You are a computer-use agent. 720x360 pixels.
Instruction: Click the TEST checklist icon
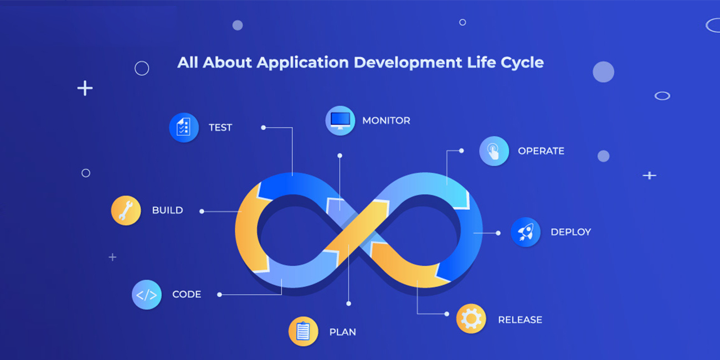(x=184, y=127)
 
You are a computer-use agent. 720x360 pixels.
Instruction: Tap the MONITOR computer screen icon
(x=340, y=121)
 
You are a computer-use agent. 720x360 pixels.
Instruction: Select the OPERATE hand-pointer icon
(x=494, y=151)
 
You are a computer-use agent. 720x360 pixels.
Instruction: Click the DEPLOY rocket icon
(x=526, y=232)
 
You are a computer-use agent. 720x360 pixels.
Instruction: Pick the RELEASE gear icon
(x=471, y=318)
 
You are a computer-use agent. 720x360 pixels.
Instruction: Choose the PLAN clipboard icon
(x=303, y=331)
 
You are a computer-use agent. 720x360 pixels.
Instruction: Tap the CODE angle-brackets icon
(x=147, y=295)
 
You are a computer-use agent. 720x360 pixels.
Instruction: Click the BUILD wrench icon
(x=126, y=210)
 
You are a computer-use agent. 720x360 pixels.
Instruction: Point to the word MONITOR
(x=387, y=121)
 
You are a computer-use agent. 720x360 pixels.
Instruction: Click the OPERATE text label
(x=541, y=151)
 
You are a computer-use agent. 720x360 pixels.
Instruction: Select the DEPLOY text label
(x=571, y=232)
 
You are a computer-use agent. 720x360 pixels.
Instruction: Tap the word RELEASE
(x=520, y=320)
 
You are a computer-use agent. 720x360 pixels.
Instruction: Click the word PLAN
(x=343, y=332)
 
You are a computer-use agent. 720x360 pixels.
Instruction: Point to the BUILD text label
(x=167, y=210)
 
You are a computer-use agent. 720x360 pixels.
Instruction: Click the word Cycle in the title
(x=522, y=63)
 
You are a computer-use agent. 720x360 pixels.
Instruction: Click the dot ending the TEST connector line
(x=263, y=127)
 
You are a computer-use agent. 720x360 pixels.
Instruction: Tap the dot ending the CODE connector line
(x=219, y=295)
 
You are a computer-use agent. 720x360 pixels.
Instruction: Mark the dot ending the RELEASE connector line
(x=446, y=314)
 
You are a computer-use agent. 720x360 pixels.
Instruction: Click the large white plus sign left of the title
(x=85, y=88)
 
